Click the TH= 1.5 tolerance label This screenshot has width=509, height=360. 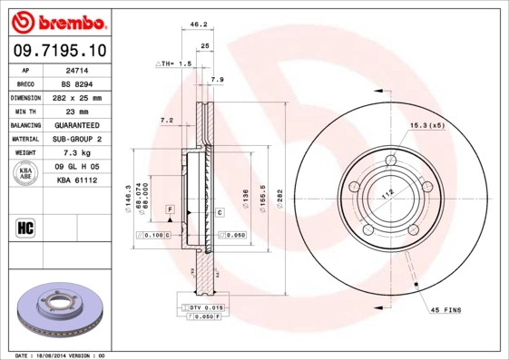tap(175, 64)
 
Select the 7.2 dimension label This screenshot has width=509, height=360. tap(166, 120)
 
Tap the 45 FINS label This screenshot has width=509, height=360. tap(445, 310)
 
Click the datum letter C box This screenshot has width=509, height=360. tap(220, 211)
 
